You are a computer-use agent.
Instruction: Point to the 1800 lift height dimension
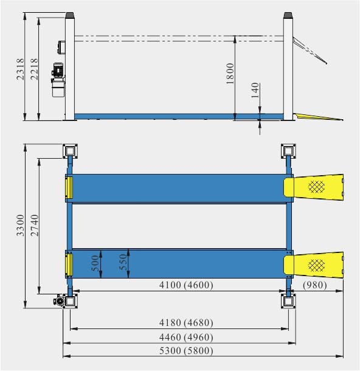[229, 74]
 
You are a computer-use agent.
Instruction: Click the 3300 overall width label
[20, 225]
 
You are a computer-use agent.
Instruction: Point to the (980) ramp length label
[315, 285]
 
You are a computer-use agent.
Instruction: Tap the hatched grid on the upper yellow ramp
[317, 187]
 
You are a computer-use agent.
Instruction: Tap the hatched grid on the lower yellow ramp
[317, 263]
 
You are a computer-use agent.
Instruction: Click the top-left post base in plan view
[71, 150]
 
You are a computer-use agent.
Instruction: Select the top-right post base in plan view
[288, 150]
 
